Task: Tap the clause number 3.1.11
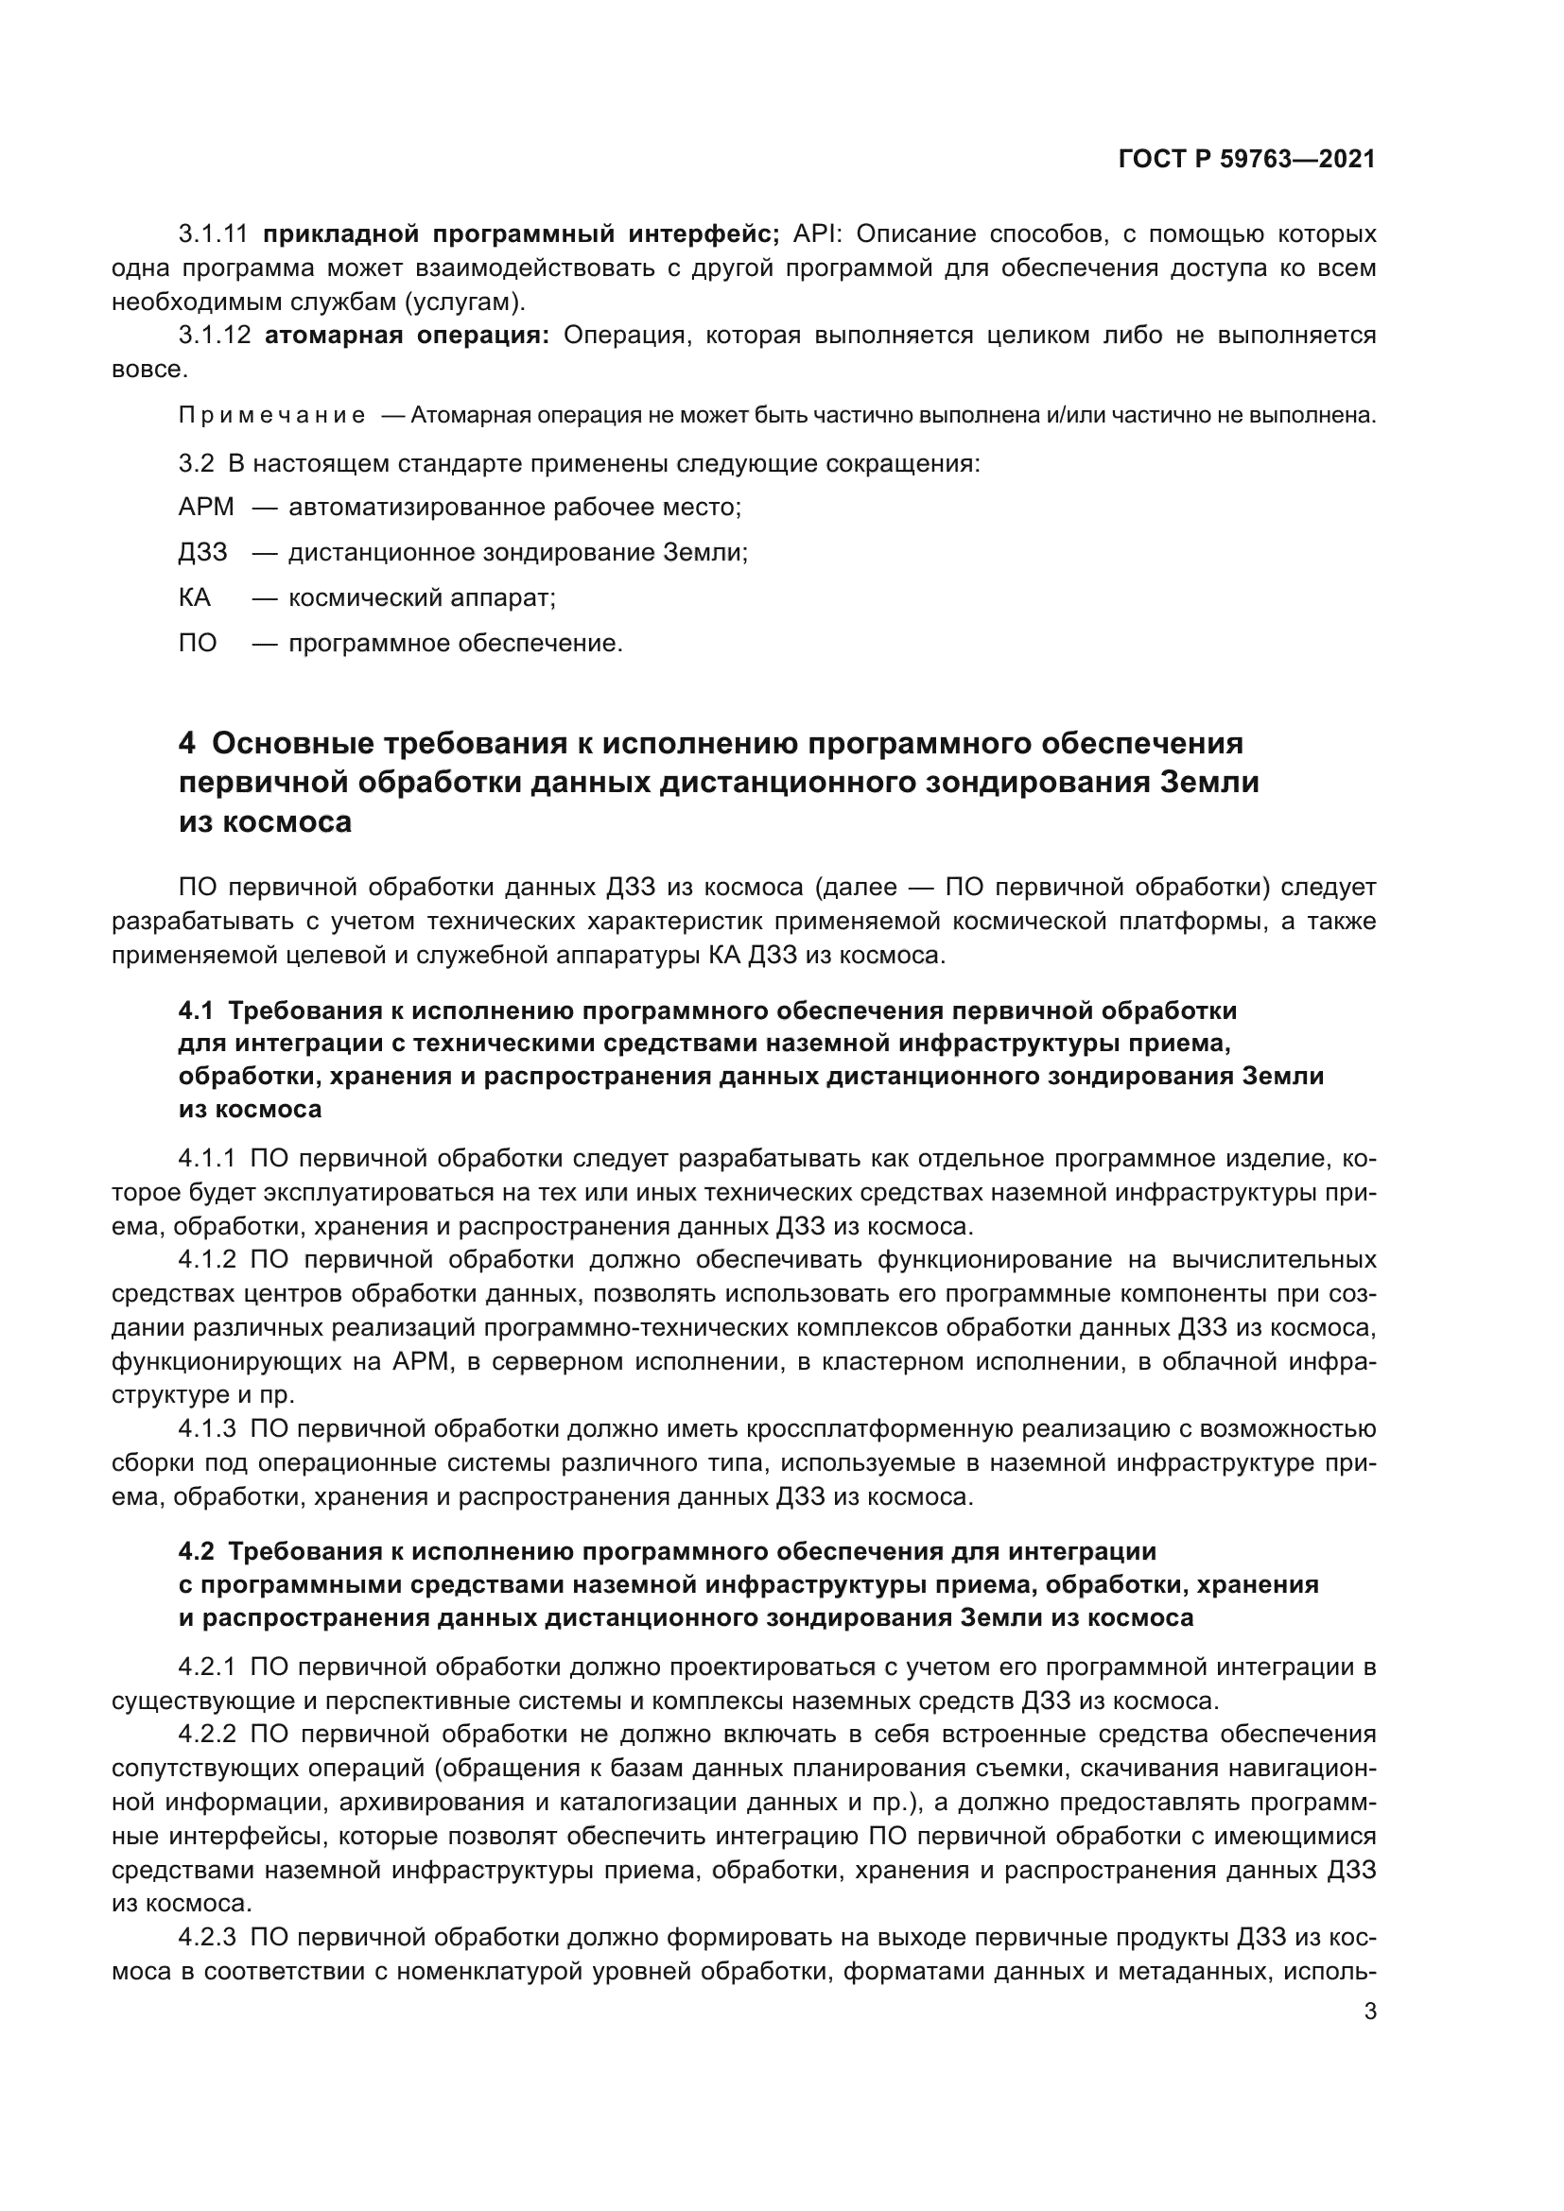point(213,234)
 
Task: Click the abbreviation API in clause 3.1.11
point(817,234)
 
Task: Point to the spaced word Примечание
point(271,415)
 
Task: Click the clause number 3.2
point(196,463)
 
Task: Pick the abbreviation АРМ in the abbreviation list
point(205,507)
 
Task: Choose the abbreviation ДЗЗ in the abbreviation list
point(202,552)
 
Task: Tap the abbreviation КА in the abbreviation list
point(194,597)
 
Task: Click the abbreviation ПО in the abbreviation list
point(198,642)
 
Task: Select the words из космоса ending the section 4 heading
point(265,821)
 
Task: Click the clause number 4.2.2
point(207,1735)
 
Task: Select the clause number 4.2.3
point(207,1938)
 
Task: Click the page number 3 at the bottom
point(1369,2012)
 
